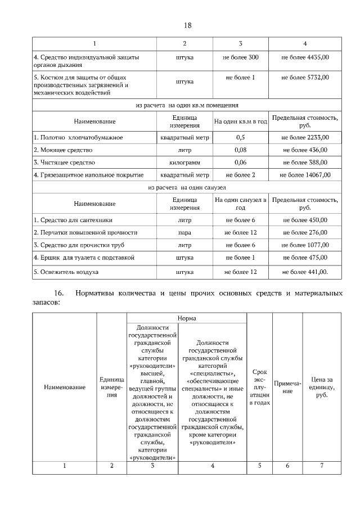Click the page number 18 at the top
[x=188, y=25]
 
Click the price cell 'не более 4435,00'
[x=305, y=57]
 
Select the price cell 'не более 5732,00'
[x=305, y=77]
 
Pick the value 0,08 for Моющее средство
[x=240, y=150]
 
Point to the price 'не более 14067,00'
[x=305, y=175]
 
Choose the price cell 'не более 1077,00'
[x=305, y=245]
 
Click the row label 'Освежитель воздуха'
[x=66, y=272]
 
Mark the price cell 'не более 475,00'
[x=305, y=258]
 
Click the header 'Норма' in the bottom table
[x=187, y=318]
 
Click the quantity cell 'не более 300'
[x=240, y=57]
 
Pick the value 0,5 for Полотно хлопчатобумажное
[x=240, y=137]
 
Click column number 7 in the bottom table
[x=322, y=465]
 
